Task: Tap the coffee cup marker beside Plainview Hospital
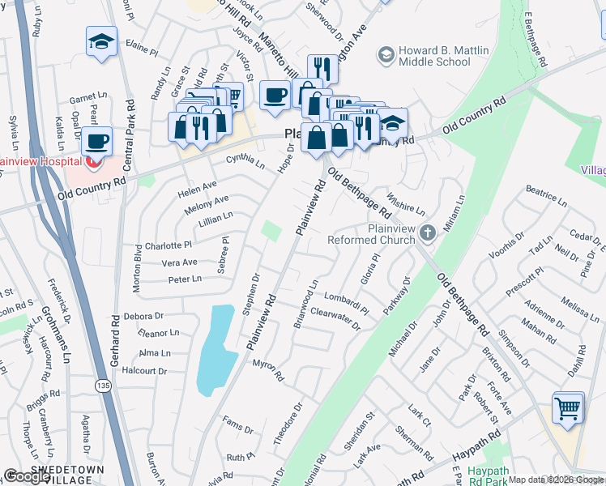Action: (97, 141)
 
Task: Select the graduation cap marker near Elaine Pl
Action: (102, 41)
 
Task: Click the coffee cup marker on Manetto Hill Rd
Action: (275, 95)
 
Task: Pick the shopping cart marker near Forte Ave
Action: (568, 407)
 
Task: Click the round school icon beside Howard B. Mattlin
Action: (385, 53)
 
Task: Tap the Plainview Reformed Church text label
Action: (369, 234)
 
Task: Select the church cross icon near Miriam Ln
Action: (429, 233)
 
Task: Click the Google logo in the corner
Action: (26, 476)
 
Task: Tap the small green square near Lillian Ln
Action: (273, 232)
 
